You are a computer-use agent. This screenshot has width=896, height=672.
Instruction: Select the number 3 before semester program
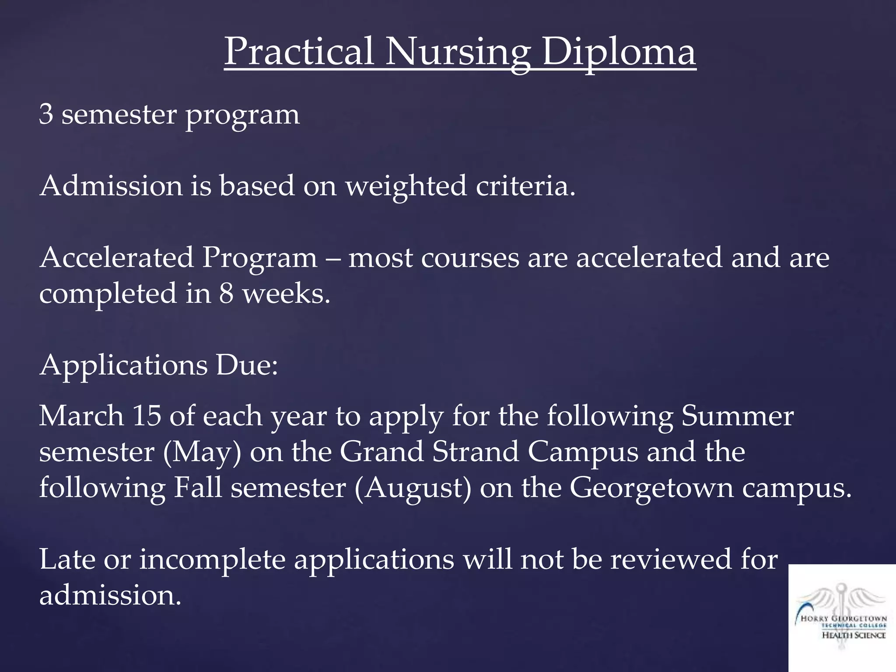pyautogui.click(x=46, y=115)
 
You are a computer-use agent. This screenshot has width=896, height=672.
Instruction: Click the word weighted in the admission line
pyautogui.click(x=406, y=186)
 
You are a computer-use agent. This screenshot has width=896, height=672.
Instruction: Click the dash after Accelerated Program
pyautogui.click(x=332, y=258)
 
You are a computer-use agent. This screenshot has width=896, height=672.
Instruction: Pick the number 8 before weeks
pyautogui.click(x=226, y=294)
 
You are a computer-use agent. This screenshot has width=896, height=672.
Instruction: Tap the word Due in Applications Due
pyautogui.click(x=246, y=365)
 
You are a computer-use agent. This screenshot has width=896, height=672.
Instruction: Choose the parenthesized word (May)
pyautogui.click(x=202, y=452)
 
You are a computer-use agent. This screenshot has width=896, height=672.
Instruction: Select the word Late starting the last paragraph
pyautogui.click(x=67, y=560)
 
